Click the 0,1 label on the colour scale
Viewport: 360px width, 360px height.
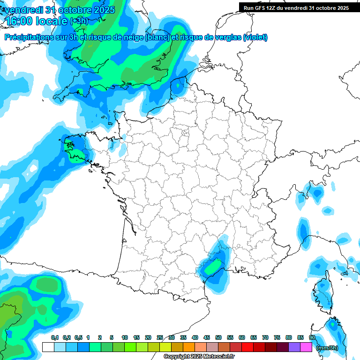click(x=55, y=337)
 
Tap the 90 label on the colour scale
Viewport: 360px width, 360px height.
click(x=312, y=337)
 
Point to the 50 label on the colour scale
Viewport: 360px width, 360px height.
click(x=218, y=337)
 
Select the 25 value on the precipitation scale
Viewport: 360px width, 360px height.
click(x=160, y=337)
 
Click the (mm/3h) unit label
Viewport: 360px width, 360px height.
click(x=327, y=348)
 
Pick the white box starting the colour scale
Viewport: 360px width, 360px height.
click(x=47, y=347)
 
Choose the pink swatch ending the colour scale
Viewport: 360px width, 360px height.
click(x=306, y=347)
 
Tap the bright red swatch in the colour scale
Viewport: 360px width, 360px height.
click(x=247, y=347)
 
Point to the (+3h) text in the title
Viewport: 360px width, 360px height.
click(x=79, y=21)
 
